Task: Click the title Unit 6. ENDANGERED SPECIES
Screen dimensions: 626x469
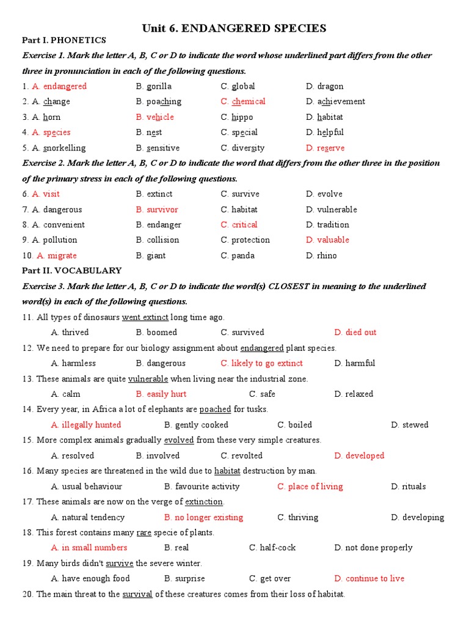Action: (234, 28)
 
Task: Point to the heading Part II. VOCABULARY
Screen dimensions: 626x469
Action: (72, 270)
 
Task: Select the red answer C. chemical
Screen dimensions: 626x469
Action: (243, 101)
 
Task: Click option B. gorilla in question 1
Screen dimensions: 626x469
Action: (154, 86)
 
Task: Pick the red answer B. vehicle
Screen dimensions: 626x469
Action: (155, 117)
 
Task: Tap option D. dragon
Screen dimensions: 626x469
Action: (325, 86)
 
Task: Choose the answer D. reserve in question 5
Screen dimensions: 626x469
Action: (325, 148)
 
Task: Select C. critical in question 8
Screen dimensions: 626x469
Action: (239, 224)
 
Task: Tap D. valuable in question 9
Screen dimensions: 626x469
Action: (328, 240)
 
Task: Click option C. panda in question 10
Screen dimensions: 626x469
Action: (237, 256)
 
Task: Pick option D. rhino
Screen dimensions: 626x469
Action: (321, 256)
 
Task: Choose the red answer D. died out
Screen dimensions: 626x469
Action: (355, 333)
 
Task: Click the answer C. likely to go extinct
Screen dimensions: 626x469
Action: (262, 363)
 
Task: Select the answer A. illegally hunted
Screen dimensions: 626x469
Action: (86, 425)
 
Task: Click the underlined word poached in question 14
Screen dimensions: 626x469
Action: (215, 409)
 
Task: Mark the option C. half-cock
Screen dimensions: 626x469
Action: (272, 548)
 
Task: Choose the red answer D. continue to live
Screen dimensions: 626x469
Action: (369, 578)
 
